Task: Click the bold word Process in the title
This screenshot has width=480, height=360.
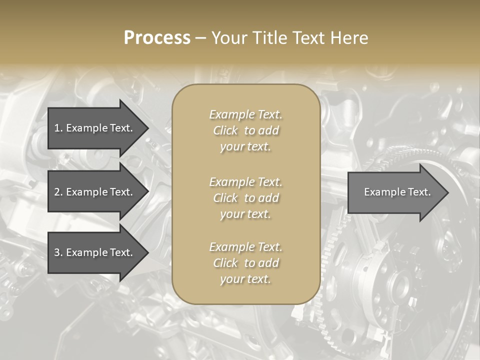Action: (x=157, y=38)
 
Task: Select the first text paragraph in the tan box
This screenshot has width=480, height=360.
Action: (x=245, y=130)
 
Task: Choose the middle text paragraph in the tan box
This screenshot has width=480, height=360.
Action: (x=245, y=197)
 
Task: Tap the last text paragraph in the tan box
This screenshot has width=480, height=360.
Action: (x=245, y=263)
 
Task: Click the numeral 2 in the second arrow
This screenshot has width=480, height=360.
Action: (x=57, y=192)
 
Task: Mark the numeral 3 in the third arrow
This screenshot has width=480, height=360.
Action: (x=57, y=252)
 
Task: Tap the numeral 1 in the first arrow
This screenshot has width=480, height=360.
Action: (x=57, y=128)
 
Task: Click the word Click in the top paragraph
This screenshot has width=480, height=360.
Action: (x=225, y=130)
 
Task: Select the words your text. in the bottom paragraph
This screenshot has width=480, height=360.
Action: (x=245, y=279)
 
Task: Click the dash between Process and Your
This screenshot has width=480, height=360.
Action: (x=200, y=38)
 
